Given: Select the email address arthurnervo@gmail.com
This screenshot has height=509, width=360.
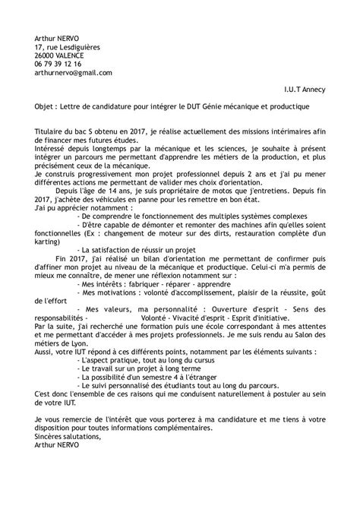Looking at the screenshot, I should (74, 73).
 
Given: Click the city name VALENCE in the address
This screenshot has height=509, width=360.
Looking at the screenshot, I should (75, 55).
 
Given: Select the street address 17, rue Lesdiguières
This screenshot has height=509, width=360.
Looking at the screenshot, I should (68, 47).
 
